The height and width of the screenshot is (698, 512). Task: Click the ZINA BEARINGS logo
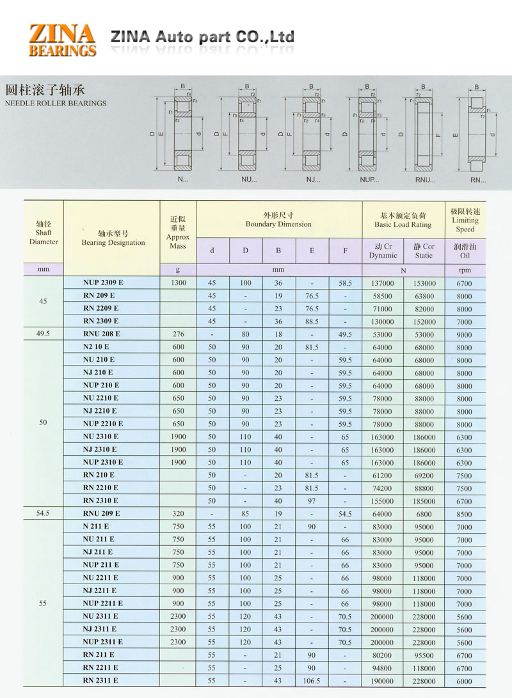tap(62, 40)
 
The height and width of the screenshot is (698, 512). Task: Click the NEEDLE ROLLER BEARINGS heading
tap(55, 103)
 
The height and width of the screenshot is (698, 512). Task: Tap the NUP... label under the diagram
tap(369, 180)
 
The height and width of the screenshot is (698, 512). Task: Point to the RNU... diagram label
tap(424, 180)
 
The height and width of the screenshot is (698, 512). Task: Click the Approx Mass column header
tap(178, 232)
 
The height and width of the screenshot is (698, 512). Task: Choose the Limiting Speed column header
tap(465, 220)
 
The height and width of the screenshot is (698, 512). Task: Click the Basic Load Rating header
tap(403, 220)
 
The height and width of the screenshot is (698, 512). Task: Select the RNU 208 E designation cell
tap(102, 334)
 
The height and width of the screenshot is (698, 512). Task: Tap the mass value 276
tap(178, 334)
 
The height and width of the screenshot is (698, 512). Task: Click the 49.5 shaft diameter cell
tap(43, 334)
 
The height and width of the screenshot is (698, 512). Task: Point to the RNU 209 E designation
tap(102, 513)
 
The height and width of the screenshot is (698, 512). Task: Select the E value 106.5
tap(312, 681)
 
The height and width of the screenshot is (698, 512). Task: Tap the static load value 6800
tap(423, 514)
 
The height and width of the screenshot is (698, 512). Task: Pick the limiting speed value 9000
tap(465, 334)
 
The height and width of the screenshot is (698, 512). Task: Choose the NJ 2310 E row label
tap(100, 449)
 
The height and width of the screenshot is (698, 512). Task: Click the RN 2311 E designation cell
tap(100, 680)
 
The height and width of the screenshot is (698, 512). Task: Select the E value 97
tap(312, 501)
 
